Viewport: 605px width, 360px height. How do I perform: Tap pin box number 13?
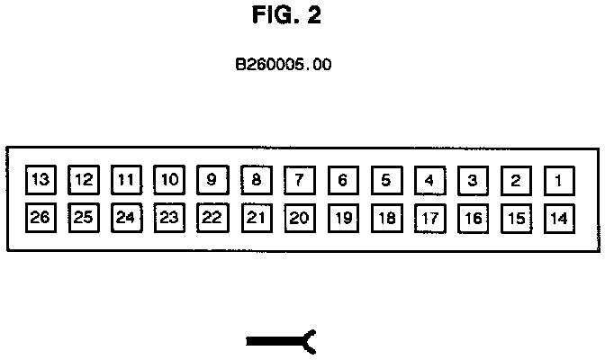[x=40, y=179]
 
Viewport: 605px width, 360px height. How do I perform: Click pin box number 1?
[x=559, y=180]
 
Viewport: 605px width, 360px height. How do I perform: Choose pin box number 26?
[x=40, y=218]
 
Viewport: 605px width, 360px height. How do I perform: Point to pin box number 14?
[x=559, y=218]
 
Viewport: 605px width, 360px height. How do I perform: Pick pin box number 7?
[x=300, y=180]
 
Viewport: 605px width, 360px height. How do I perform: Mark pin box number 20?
[x=300, y=218]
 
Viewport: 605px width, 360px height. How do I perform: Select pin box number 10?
[x=169, y=180]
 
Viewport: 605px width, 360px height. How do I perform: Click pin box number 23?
[x=169, y=218]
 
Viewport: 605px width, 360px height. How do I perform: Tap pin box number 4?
[x=429, y=180]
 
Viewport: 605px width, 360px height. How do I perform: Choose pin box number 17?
[x=429, y=218]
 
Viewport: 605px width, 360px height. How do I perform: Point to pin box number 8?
[x=257, y=180]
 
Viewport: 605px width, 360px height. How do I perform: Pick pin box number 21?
[x=257, y=218]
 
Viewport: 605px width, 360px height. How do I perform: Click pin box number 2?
[x=516, y=180]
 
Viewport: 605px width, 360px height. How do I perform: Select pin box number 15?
[x=516, y=218]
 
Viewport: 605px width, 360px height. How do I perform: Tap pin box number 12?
[x=84, y=180]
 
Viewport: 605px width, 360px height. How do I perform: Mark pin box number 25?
[x=84, y=218]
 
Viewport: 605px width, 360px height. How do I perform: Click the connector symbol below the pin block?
[x=281, y=340]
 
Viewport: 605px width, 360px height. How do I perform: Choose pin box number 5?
[x=385, y=180]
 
